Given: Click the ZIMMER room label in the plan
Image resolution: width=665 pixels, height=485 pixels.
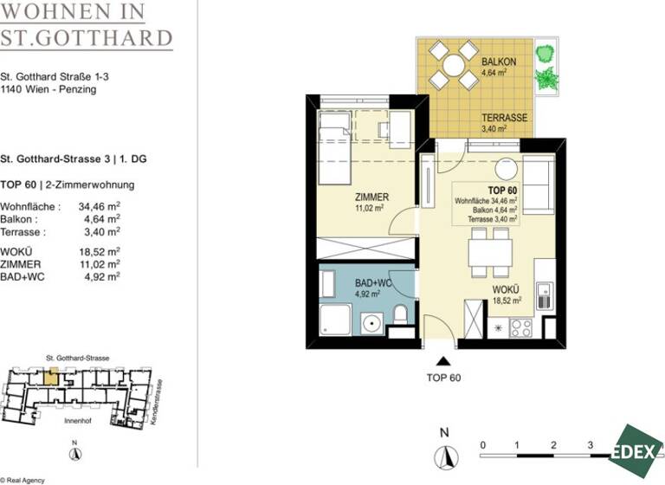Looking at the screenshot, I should click(371, 197).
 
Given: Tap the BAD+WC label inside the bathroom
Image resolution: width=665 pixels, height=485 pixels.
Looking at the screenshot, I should click(372, 283).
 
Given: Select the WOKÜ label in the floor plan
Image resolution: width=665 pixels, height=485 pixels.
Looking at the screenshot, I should click(507, 290).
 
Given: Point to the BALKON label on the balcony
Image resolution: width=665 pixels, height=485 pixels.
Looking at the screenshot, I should click(499, 62).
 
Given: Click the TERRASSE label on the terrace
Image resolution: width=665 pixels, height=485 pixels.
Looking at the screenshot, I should click(505, 118).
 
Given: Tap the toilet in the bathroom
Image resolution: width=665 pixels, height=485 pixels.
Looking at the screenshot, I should click(399, 314).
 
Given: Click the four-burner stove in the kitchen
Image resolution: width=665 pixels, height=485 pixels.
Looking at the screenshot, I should click(521, 328).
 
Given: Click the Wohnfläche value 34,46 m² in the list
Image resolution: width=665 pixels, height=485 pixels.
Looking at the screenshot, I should click(99, 207).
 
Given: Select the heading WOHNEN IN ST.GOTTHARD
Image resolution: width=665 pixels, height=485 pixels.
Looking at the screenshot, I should click(87, 26).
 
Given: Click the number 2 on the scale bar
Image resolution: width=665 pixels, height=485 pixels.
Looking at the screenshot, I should click(552, 444).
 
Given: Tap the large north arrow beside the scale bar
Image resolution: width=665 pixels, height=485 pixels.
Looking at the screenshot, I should click(445, 455).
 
